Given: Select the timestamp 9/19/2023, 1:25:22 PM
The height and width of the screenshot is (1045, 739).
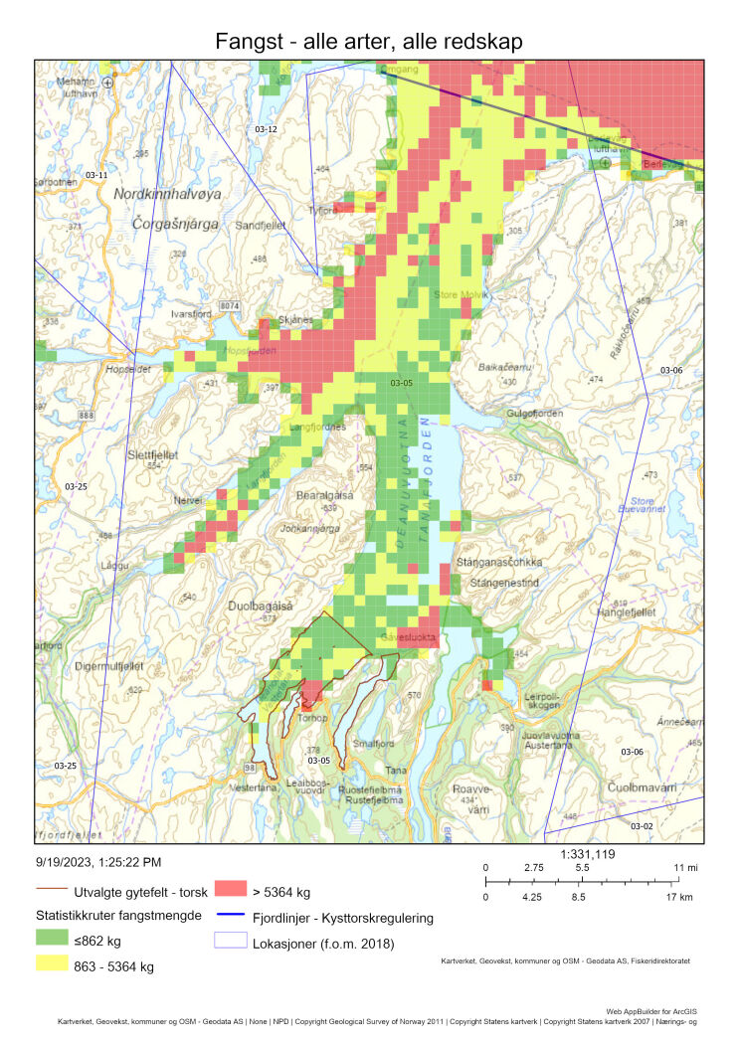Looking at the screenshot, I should (97, 862).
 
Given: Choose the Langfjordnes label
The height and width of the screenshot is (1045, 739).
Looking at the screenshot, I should (316, 428).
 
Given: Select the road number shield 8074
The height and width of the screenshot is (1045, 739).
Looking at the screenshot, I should (230, 304).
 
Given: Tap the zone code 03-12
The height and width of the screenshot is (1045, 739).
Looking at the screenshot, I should (266, 130).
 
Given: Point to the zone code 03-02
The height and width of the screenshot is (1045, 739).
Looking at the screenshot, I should (642, 825).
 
